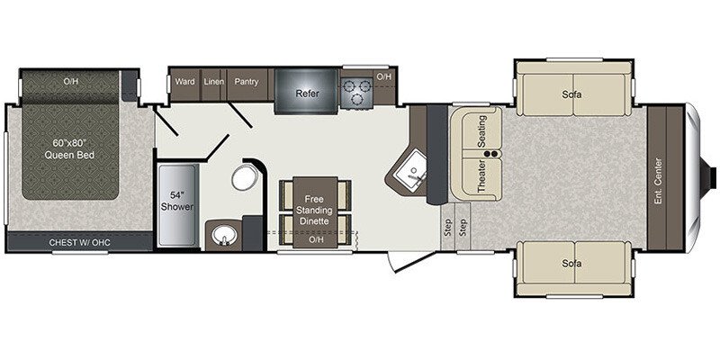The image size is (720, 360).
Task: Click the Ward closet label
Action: click(x=185, y=82)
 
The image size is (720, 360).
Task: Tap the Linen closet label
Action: click(x=213, y=82)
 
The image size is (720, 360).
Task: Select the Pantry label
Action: click(x=247, y=82)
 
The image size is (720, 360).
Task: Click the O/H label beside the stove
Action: click(x=384, y=77)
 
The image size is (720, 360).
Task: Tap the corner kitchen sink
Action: click(x=415, y=172)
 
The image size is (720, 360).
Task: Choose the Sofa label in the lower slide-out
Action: click(x=571, y=264)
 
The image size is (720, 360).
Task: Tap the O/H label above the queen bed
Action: click(x=70, y=82)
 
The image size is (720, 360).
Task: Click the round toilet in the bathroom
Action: click(x=244, y=176)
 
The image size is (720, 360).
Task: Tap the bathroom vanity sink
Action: click(x=222, y=237)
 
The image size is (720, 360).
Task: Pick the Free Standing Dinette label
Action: click(x=314, y=209)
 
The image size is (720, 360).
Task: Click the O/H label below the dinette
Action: click(x=315, y=240)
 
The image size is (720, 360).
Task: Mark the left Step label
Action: click(x=447, y=227)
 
